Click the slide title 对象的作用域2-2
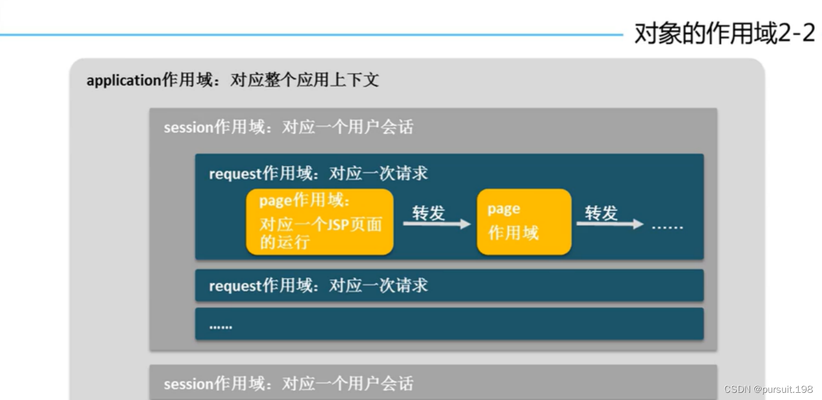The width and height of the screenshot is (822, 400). [x=724, y=34]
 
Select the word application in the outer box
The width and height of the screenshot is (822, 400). [x=124, y=80]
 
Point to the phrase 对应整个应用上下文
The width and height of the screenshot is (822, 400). [x=304, y=80]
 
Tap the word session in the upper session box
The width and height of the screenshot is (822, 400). [x=189, y=127]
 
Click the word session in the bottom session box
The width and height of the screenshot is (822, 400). [x=189, y=384]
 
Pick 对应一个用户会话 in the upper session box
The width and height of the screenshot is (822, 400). [x=347, y=127]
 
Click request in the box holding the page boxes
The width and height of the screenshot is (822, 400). [x=235, y=173]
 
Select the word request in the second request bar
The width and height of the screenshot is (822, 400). [x=235, y=285]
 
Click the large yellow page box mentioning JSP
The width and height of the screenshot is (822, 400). [x=319, y=222]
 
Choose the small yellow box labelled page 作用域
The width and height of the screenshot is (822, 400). [x=524, y=221]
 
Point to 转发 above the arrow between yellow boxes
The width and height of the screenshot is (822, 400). [x=428, y=212]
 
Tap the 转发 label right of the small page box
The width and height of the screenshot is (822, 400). [x=601, y=212]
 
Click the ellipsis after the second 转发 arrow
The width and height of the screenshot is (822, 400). [x=667, y=227]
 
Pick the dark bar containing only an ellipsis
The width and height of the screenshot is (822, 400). [x=449, y=324]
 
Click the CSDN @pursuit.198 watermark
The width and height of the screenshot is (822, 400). [x=769, y=389]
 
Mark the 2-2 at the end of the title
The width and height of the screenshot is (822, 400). [x=796, y=34]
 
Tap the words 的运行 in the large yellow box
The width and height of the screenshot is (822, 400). [x=285, y=242]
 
